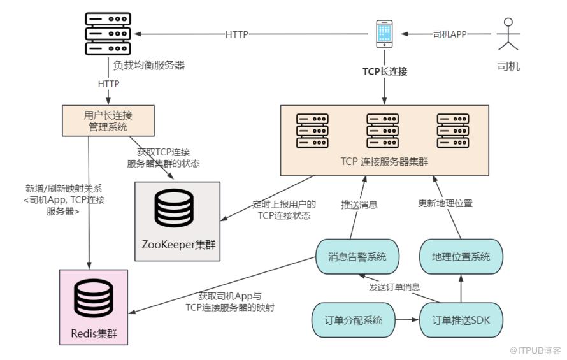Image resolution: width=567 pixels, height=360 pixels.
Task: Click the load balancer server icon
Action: (x=108, y=34)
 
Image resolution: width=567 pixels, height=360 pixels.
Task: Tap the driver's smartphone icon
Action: (x=384, y=34)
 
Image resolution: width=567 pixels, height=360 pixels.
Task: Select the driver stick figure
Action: (x=508, y=34)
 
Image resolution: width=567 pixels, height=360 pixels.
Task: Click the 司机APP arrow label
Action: (x=450, y=34)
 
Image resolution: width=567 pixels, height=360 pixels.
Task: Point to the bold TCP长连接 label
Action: (x=385, y=71)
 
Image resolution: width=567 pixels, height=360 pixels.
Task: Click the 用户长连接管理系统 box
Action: (x=108, y=121)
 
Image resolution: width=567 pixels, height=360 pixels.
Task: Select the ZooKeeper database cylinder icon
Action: (x=174, y=209)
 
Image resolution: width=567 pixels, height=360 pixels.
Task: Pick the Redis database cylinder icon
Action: (x=93, y=298)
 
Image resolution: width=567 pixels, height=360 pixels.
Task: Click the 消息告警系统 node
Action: (x=357, y=257)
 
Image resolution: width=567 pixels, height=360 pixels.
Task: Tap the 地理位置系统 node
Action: (x=461, y=257)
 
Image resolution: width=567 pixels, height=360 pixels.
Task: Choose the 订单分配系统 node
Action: (x=353, y=320)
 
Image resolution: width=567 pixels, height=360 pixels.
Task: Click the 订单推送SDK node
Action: (x=461, y=320)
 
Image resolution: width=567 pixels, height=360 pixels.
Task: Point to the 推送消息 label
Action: (x=359, y=205)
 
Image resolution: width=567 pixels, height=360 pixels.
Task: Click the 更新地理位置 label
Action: (x=445, y=203)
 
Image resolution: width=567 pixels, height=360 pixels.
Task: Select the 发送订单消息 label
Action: (x=394, y=287)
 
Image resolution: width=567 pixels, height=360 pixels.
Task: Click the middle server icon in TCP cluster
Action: (x=383, y=131)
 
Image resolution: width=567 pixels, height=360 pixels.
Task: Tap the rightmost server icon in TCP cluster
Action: (x=453, y=131)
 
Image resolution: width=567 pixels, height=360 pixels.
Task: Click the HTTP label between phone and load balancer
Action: (x=237, y=34)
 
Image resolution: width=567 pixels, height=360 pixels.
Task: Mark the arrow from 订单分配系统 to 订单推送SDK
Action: (x=407, y=320)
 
